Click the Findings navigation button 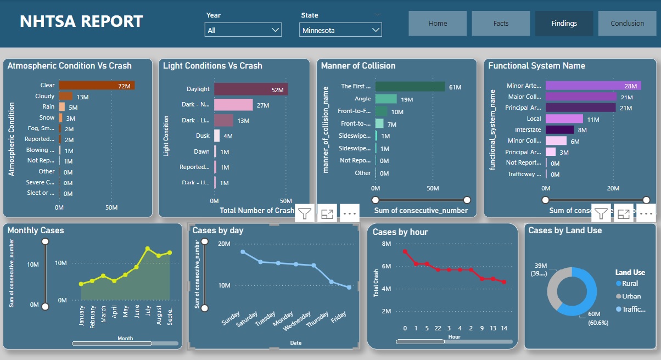[564, 24]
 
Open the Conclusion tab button [627, 24]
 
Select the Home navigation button [438, 24]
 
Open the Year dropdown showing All [243, 30]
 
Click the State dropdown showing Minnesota [340, 30]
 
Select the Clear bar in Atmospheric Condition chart [97, 86]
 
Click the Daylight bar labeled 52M [251, 89]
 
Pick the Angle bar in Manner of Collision [386, 99]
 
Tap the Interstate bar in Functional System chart [559, 130]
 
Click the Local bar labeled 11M [564, 119]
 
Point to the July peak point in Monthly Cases [148, 249]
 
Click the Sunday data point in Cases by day [243, 252]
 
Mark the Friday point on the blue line [349, 287]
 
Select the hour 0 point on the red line [405, 252]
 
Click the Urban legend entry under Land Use [631, 296]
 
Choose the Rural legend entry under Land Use [630, 284]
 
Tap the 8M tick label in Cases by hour [386, 244]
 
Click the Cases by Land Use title [565, 230]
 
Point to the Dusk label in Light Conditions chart [203, 136]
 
